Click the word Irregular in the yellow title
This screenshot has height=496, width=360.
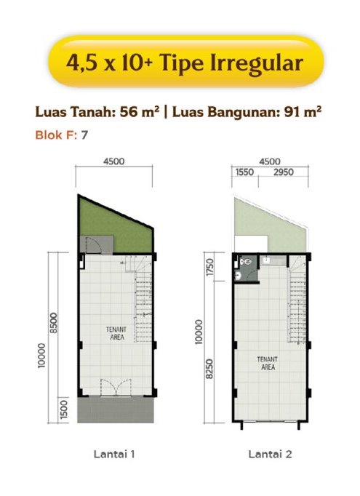(x=257, y=63)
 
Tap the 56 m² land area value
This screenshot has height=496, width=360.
(x=140, y=112)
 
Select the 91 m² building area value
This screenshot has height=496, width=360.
(x=302, y=112)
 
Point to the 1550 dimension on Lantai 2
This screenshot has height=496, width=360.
(x=244, y=172)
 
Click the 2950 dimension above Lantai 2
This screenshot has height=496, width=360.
(x=284, y=172)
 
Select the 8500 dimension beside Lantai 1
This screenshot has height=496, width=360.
(x=54, y=323)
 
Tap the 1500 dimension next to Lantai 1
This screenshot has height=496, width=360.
(x=63, y=409)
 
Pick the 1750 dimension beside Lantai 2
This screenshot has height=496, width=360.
(x=210, y=268)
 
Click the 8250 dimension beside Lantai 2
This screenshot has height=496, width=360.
(x=209, y=369)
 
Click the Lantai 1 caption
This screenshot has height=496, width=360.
(x=114, y=455)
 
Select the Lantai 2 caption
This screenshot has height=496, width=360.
(x=270, y=455)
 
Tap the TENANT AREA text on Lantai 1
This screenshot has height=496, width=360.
(x=117, y=333)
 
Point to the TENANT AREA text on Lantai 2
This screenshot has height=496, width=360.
(x=268, y=364)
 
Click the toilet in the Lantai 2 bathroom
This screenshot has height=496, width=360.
(x=245, y=262)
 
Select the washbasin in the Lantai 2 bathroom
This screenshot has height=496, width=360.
(x=239, y=276)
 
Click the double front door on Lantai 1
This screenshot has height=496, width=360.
(x=116, y=387)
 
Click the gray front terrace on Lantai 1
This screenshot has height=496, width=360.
(x=116, y=409)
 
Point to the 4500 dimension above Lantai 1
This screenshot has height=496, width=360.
(x=114, y=161)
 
